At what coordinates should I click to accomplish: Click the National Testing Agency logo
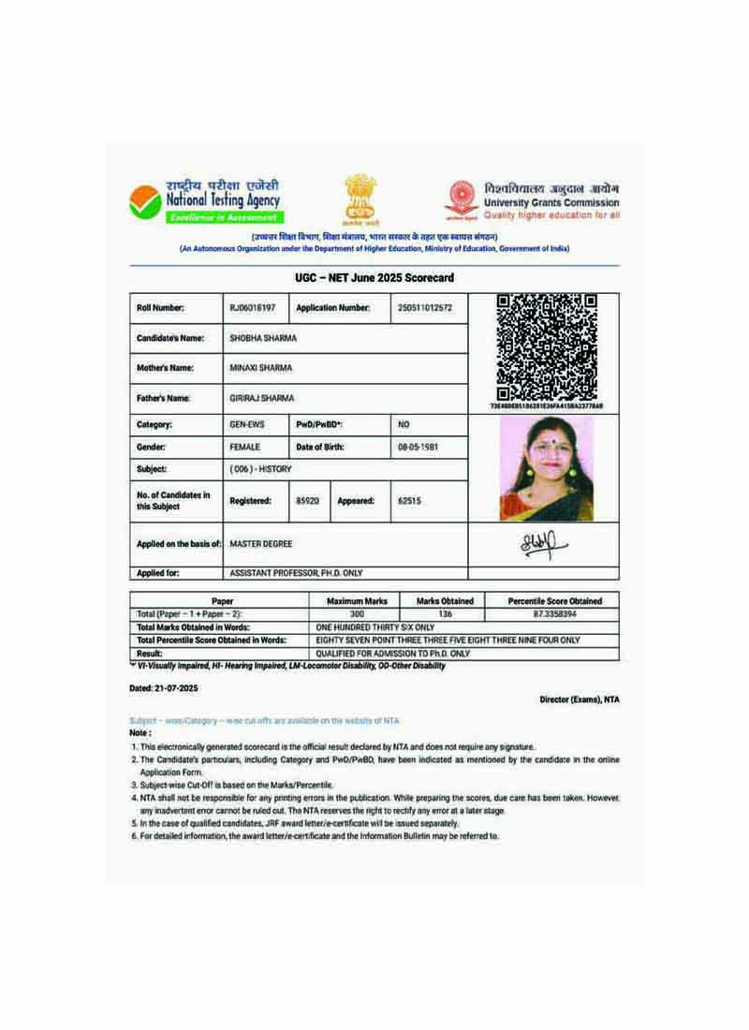144,200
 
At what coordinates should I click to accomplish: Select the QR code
547,346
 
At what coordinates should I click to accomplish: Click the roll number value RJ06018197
253,308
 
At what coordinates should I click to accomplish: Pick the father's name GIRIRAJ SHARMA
262,398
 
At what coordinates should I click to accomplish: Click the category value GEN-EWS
248,424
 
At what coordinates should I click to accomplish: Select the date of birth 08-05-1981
418,448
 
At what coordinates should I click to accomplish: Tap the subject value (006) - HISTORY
260,469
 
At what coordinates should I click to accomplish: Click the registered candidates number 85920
307,501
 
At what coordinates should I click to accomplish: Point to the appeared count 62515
409,501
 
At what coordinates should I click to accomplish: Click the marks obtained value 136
445,613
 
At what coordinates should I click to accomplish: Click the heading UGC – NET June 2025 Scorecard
374,279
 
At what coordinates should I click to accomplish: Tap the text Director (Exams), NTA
579,699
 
